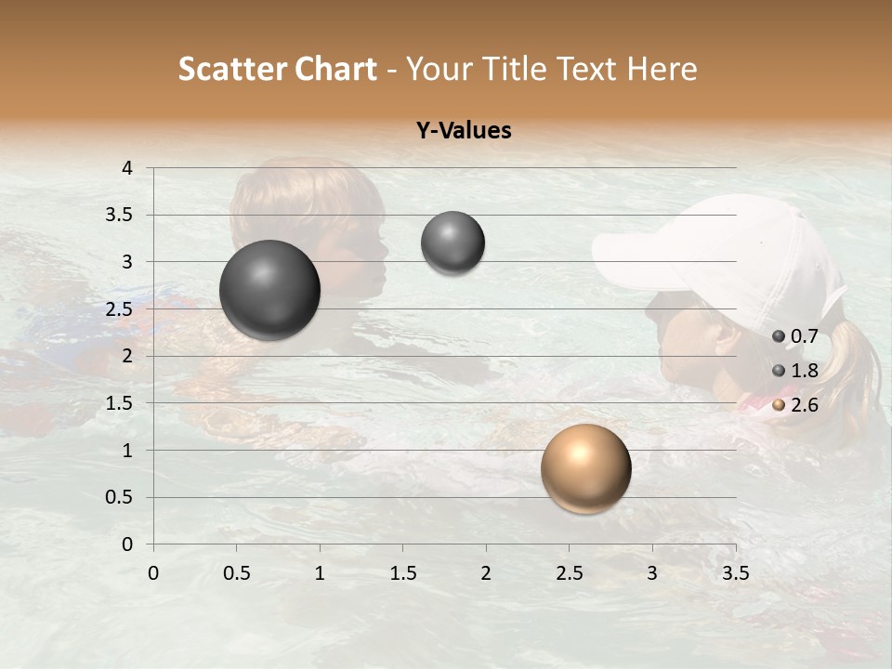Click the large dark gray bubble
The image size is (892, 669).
(x=269, y=290)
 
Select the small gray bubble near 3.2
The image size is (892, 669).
(x=453, y=243)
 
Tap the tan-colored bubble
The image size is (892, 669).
(x=585, y=468)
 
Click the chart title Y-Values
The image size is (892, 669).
(x=463, y=131)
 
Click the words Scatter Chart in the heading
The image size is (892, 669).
(x=277, y=69)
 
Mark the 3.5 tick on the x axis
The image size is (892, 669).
(x=735, y=573)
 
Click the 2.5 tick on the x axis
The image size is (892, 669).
(x=569, y=573)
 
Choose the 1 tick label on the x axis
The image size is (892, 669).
(x=320, y=573)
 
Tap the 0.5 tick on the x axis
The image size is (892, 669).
(x=236, y=573)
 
